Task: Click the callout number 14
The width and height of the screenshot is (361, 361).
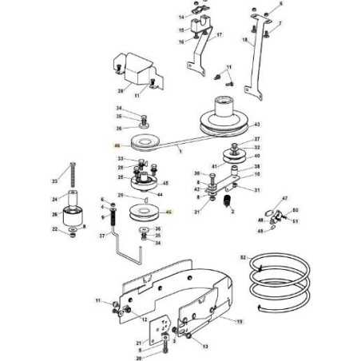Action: (x=181, y=17)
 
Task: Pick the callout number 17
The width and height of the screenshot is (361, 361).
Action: (x=220, y=35)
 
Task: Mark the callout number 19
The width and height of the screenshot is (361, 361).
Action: (x=239, y=321)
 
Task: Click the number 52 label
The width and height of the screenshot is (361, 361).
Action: (x=243, y=257)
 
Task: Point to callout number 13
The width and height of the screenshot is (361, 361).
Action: (x=205, y=347)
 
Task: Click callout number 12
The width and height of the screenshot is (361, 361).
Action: (x=145, y=319)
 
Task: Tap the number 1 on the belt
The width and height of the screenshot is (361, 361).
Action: (x=180, y=150)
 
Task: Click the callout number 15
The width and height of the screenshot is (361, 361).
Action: (x=181, y=30)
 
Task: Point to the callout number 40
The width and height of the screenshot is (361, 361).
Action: (x=257, y=157)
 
